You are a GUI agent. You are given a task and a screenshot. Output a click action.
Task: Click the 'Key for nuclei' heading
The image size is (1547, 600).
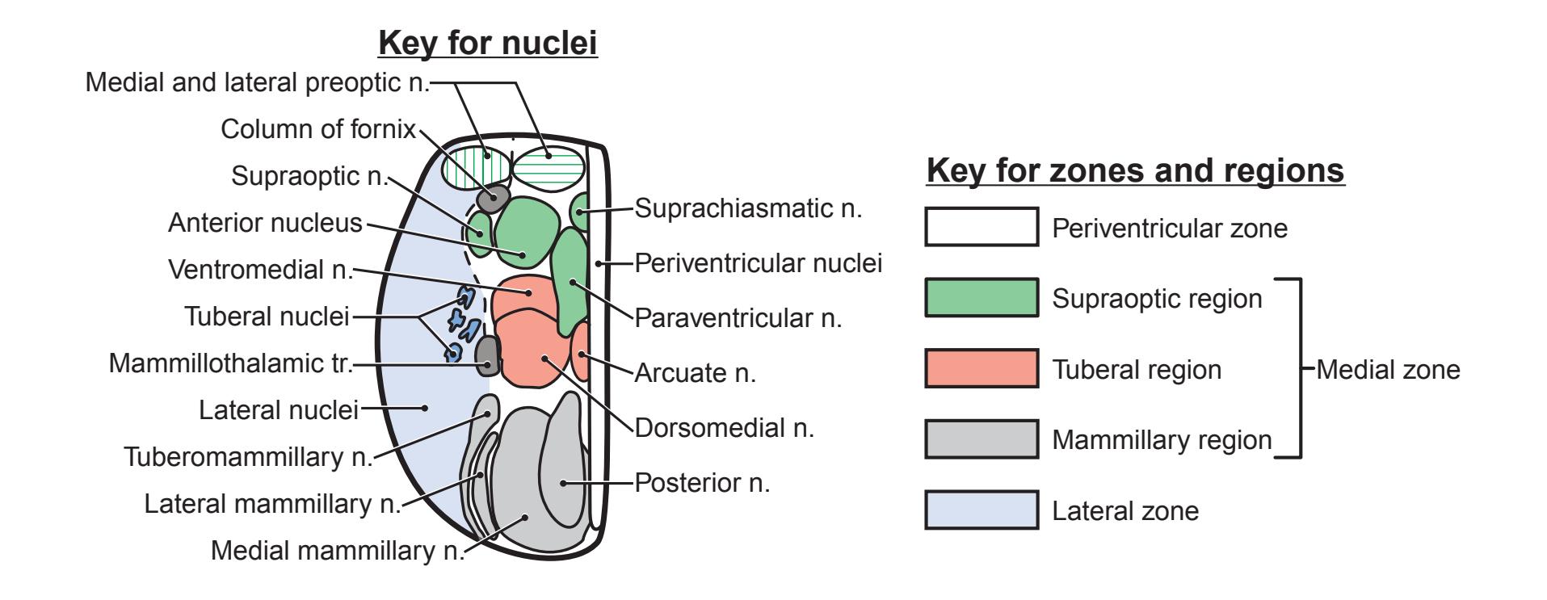[488, 44]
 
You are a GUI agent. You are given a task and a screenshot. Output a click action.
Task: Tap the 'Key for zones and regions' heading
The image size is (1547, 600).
[1135, 170]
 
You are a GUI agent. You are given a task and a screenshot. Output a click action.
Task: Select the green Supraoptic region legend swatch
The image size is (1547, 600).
[981, 297]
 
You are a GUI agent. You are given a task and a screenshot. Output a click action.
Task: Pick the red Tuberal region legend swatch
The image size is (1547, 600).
[981, 368]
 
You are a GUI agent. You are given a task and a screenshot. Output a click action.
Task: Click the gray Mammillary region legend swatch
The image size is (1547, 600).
[981, 439]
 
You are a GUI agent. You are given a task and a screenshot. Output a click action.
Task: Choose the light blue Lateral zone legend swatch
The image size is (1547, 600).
[981, 510]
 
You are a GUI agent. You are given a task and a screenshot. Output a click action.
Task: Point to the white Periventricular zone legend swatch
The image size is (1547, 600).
[981, 227]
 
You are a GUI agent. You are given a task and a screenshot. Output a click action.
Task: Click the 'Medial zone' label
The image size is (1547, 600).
[1387, 370]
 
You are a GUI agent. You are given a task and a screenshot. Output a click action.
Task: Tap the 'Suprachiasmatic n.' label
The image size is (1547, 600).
[748, 209]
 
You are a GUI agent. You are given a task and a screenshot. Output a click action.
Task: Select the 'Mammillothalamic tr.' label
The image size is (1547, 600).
[232, 364]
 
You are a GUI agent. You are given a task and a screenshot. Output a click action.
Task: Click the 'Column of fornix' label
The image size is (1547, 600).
[318, 129]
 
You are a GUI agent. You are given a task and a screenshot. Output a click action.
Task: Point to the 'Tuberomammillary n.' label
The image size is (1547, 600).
[248, 457]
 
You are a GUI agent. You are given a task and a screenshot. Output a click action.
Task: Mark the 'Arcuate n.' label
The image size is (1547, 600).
[695, 373]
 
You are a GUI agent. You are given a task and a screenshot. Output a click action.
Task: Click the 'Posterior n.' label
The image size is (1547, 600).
[702, 483]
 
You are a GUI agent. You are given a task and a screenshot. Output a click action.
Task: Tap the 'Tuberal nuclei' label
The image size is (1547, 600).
[267, 317]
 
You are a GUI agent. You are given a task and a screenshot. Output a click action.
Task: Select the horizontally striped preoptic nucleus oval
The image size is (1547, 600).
[549, 165]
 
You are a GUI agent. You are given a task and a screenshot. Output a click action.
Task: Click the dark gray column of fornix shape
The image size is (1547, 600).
[492, 196]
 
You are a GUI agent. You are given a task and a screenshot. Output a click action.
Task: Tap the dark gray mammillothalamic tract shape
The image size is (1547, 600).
[487, 356]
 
